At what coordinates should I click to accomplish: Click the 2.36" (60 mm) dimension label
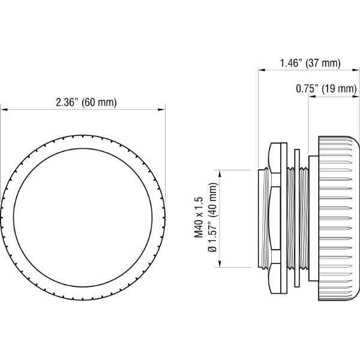coord(86,102)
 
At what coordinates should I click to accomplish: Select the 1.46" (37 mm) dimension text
coord(310,63)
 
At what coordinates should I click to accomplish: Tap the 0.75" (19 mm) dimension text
coord(326,89)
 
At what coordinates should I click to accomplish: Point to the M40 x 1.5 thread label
coord(199,217)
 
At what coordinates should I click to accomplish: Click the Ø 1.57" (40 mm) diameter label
coord(212,217)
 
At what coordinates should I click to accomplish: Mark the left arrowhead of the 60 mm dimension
coord(4,110)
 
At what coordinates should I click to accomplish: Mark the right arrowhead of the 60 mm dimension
coord(161,110)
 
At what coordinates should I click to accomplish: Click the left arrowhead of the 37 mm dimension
coord(262,70)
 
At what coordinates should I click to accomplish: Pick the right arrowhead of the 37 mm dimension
coord(355,70)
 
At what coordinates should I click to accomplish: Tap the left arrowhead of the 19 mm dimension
coord(311,96)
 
